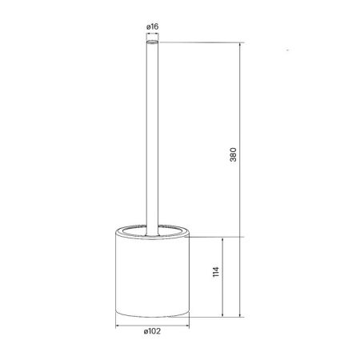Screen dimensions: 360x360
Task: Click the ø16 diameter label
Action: [x=152, y=28]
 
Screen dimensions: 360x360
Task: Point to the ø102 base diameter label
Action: [x=152, y=334]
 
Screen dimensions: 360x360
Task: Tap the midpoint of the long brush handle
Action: [x=152, y=136]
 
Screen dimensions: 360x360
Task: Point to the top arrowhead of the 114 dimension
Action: [x=222, y=238]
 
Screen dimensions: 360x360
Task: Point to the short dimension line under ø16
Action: [x=152, y=34]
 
